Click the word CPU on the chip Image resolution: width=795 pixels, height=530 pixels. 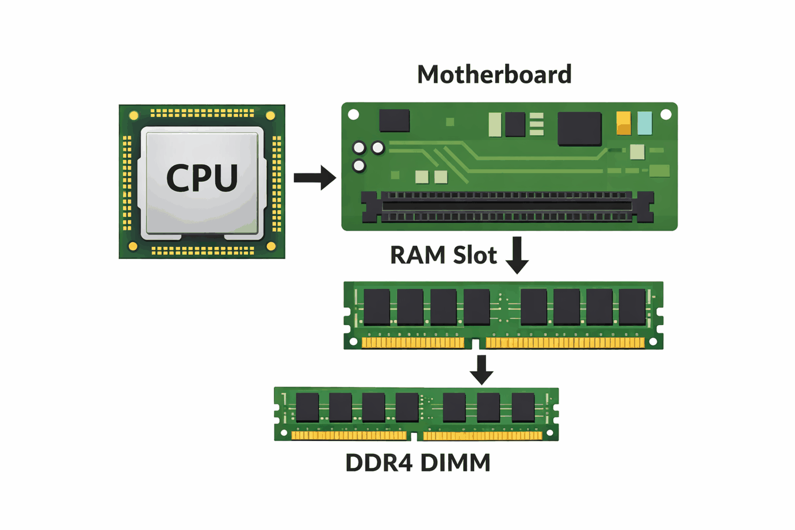tap(202, 178)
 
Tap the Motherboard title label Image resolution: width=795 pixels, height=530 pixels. tap(494, 75)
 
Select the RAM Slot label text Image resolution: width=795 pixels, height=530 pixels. tap(443, 256)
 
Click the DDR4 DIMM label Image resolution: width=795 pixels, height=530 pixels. tap(418, 463)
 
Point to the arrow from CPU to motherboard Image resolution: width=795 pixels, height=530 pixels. tap(314, 178)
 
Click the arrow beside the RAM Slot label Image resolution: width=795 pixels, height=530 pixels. tap(517, 255)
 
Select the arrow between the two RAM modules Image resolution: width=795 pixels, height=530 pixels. tap(481, 369)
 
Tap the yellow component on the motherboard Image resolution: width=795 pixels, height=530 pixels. tap(624, 123)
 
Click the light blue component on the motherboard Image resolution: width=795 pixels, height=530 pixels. tap(645, 123)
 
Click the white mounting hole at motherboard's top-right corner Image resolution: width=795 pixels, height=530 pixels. tap(666, 115)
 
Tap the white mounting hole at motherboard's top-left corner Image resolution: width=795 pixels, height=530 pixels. tap(354, 115)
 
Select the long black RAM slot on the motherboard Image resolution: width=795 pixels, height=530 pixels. tap(507, 207)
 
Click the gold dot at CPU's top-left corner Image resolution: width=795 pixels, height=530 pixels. tap(133, 116)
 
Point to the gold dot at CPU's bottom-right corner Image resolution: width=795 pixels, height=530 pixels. tap(271, 246)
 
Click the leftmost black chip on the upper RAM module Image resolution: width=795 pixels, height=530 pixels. tap(377, 307)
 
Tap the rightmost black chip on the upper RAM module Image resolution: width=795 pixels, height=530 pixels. tap(632, 307)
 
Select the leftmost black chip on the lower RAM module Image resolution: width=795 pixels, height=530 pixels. tap(307, 407)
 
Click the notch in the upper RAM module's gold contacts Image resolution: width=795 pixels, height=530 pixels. tap(475, 344)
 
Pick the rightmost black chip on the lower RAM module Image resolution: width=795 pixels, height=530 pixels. tap(523, 407)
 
